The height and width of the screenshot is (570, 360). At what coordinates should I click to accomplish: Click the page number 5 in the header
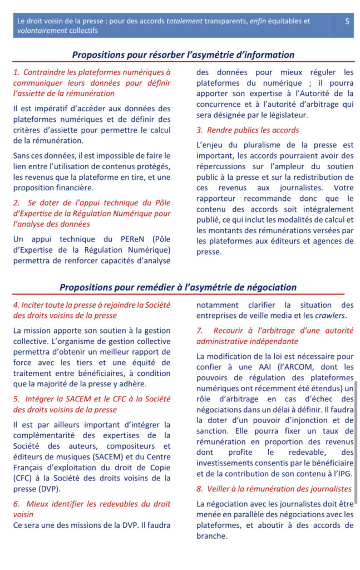coord(347,22)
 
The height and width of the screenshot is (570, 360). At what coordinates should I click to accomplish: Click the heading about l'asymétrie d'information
coord(183,55)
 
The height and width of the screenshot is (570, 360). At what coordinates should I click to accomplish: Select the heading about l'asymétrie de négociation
coord(178,287)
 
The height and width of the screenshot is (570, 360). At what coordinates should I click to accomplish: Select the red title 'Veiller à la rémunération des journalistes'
coord(274,489)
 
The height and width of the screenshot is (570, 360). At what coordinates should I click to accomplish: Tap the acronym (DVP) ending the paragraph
coord(48,489)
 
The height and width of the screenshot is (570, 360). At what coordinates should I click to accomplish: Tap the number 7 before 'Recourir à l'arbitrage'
coord(199,331)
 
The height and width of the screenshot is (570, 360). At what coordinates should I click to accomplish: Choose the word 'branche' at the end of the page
coord(212,536)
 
